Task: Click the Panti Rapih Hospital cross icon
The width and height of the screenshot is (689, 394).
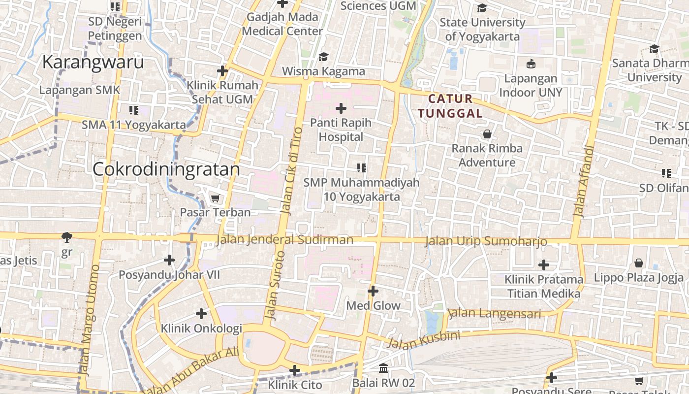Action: tap(341, 108)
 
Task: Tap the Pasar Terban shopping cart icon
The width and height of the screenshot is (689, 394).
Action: tap(215, 198)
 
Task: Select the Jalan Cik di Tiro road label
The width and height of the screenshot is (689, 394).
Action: tap(290, 170)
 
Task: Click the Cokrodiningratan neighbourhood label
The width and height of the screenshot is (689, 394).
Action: tap(166, 169)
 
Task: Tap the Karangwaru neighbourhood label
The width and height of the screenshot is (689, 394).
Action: tap(93, 63)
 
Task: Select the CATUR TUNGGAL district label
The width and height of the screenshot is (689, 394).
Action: tap(450, 106)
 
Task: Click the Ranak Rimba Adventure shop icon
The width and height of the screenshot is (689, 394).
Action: tap(487, 134)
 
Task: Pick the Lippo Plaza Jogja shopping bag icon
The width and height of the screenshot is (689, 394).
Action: tap(638, 263)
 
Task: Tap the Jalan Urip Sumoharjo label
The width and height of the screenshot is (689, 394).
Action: tap(485, 241)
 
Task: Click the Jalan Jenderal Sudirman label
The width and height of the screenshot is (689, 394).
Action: tap(284, 240)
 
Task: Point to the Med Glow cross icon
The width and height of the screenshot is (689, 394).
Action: tap(373, 291)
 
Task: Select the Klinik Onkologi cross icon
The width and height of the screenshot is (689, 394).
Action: tap(201, 313)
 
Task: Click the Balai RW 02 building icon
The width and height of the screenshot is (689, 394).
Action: tap(383, 368)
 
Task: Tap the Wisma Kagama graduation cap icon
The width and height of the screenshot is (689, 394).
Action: tap(323, 57)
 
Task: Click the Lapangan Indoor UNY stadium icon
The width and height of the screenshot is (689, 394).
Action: tap(531, 64)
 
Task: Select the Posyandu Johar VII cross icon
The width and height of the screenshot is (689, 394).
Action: tap(169, 260)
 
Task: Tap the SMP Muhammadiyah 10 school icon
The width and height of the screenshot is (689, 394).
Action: tap(362, 168)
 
